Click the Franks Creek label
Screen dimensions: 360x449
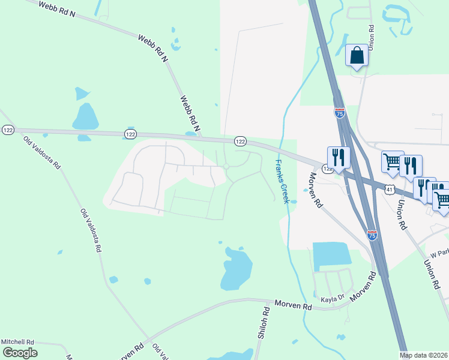coord(282,181)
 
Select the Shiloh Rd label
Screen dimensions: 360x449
coord(262,323)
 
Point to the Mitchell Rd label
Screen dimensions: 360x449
coord(17,341)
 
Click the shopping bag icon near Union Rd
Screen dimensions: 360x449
coord(357,56)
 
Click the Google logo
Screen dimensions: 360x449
coord(20,353)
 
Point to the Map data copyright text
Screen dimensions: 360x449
coord(424,355)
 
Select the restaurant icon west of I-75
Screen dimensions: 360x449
coord(339,157)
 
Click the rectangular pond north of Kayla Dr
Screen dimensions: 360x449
coord(331,254)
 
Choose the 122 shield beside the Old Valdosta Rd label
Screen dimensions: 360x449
coord(8,130)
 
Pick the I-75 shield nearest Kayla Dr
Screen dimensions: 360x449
coord(372,235)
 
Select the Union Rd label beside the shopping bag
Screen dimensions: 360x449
coord(372,37)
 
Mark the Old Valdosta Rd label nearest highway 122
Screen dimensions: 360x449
coord(41,152)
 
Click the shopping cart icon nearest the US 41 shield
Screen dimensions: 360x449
coord(392,160)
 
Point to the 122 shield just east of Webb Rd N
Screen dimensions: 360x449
coord(240,141)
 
